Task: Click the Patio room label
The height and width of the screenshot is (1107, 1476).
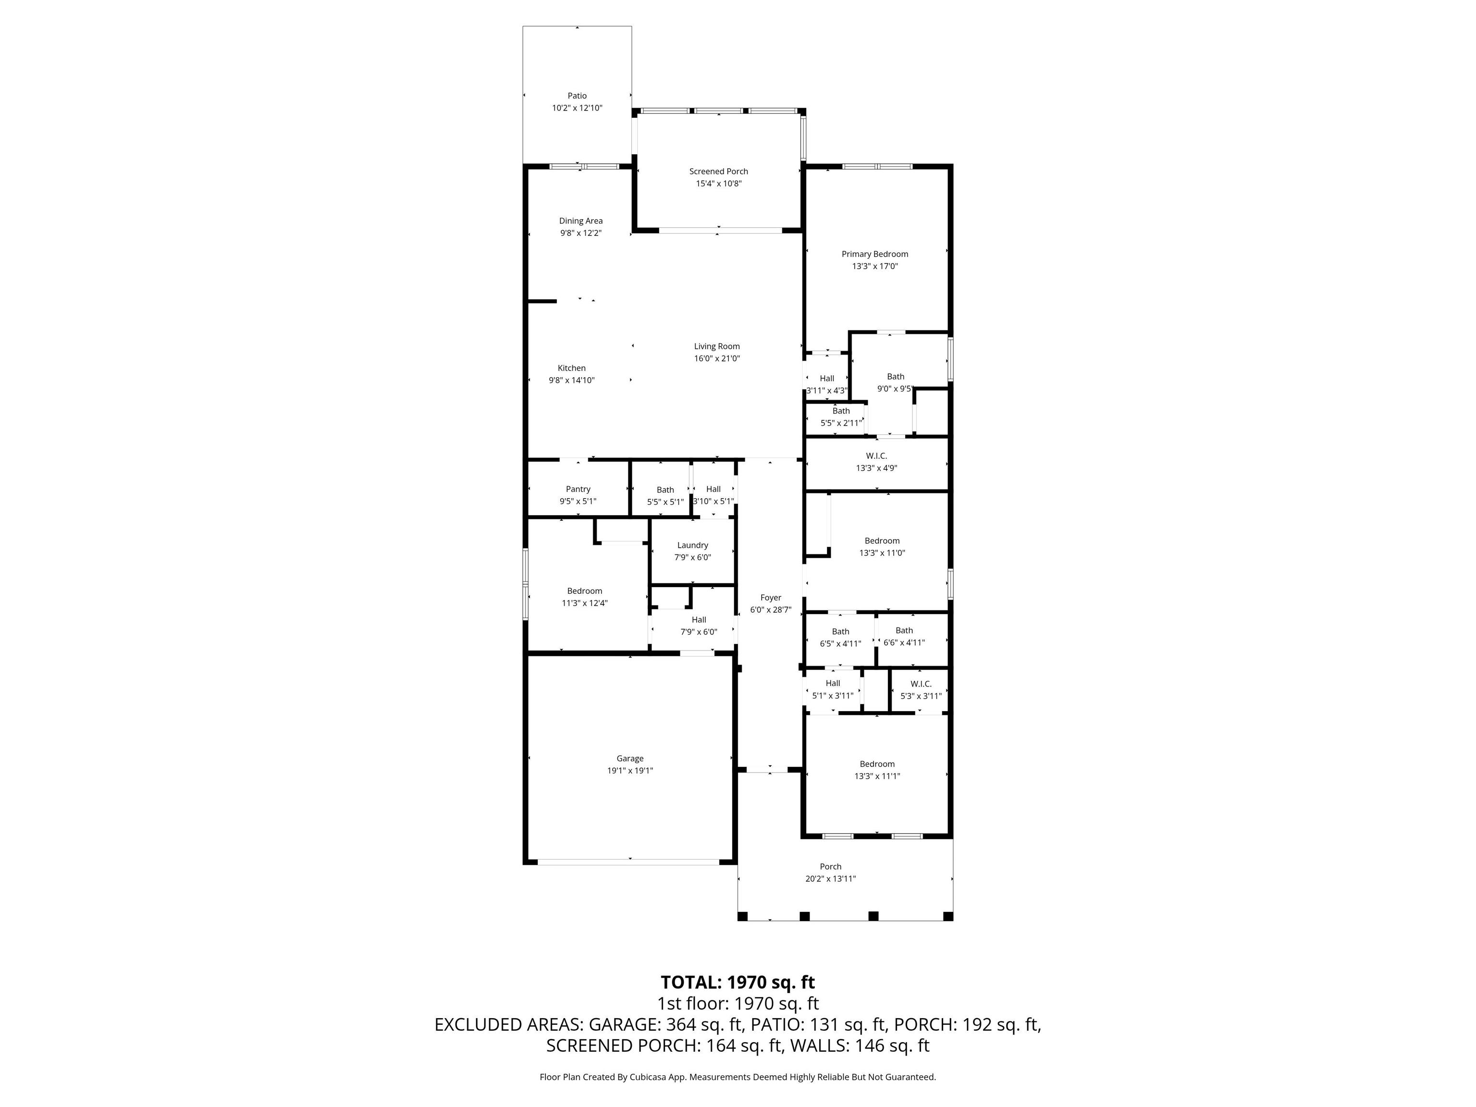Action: pos(577,96)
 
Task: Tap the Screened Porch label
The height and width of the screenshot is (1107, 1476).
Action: pos(719,172)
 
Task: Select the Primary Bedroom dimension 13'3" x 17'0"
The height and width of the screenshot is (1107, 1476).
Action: pos(875,266)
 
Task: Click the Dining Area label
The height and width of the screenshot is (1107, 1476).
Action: pos(580,221)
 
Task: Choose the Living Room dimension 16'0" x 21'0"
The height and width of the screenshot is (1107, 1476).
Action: pos(717,358)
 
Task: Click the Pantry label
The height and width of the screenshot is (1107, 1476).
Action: pos(578,489)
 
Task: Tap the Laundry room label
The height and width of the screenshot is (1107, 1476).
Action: pos(693,545)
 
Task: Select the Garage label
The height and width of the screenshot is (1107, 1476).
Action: pos(630,758)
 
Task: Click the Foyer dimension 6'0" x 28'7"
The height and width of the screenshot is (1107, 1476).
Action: pos(771,610)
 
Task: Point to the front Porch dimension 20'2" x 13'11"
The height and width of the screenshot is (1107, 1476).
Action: pos(831,879)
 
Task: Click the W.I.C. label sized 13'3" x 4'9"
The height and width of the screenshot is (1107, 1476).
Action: pos(877,456)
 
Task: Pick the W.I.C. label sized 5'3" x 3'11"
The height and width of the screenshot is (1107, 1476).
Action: pos(921,684)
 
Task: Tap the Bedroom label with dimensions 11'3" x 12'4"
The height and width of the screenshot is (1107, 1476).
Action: pos(585,590)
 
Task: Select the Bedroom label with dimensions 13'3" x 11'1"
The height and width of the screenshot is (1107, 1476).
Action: pos(877,764)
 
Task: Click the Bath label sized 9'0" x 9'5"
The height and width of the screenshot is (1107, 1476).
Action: pos(896,376)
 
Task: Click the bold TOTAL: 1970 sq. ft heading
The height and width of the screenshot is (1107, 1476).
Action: pos(738,982)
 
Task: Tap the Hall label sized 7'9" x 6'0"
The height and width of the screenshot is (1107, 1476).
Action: pos(699,620)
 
